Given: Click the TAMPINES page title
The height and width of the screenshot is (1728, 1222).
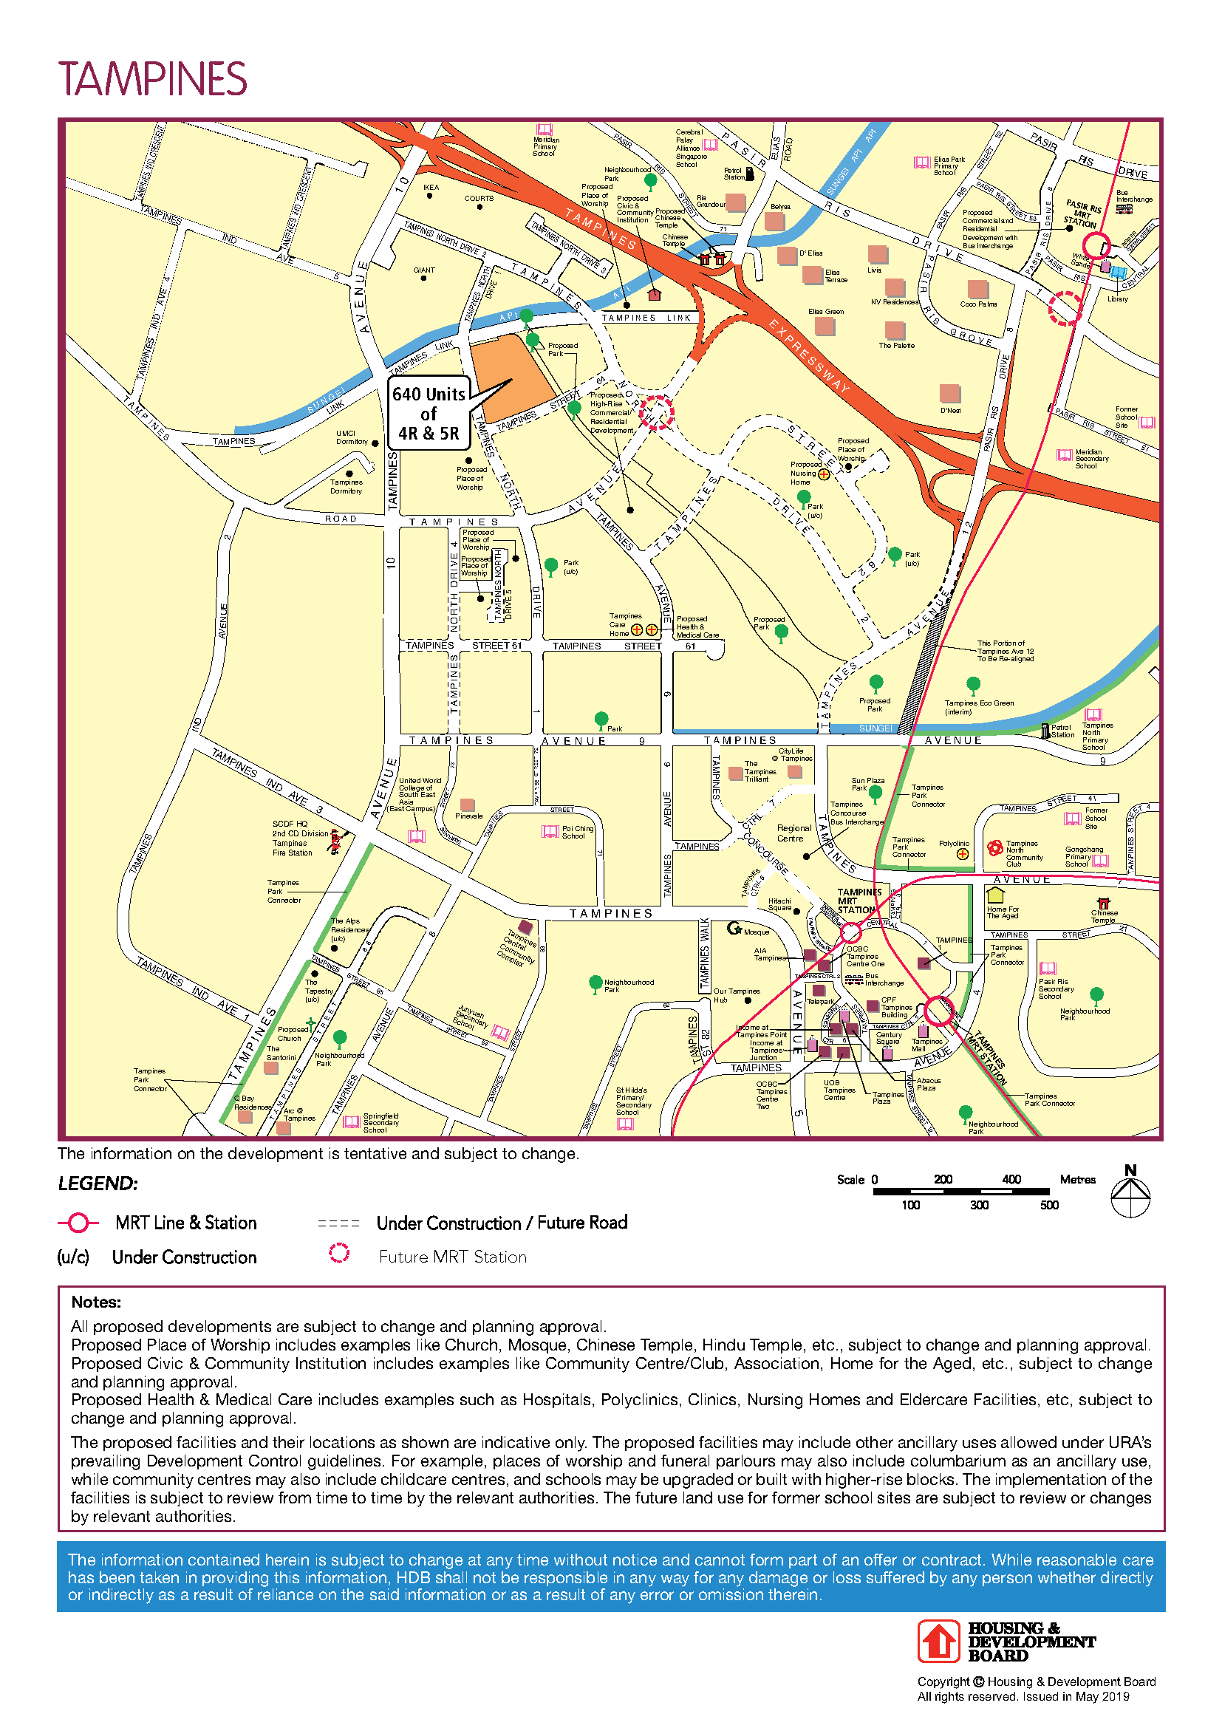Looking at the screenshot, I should point(153,78).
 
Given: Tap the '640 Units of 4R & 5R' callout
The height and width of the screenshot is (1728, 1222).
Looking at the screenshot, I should point(429,413).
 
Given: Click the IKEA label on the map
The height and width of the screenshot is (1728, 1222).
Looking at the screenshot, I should point(431,188).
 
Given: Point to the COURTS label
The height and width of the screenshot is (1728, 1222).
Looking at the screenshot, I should point(479,199).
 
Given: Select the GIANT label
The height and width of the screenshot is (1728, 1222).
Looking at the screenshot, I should point(423,270).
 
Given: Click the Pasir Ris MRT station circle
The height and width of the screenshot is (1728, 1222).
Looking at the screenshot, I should point(1096,245).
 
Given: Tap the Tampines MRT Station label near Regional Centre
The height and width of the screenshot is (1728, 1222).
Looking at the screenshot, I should point(859,900).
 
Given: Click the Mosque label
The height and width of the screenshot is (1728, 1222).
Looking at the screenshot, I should point(756,932).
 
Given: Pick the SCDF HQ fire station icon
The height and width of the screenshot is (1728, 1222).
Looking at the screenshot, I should point(336,841).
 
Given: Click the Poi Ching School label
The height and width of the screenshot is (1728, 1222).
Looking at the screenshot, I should point(577,832).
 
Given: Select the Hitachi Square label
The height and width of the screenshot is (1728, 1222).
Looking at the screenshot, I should point(779,904).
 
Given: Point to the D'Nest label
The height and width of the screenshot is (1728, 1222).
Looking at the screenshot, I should point(950,410).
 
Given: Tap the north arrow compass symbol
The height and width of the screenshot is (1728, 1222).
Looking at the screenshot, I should point(1130,1196).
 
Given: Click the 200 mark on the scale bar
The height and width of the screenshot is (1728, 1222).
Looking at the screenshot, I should point(943,1179).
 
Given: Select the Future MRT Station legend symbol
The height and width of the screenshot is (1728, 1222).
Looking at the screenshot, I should point(339,1252).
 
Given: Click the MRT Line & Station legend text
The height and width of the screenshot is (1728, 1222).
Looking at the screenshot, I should point(186,1223).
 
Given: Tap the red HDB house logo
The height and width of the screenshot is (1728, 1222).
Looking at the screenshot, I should point(938,1642).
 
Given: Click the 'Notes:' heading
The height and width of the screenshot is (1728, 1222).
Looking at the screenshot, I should point(96,1302).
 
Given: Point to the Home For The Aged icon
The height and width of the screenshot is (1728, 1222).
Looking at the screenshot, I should point(995,895).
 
